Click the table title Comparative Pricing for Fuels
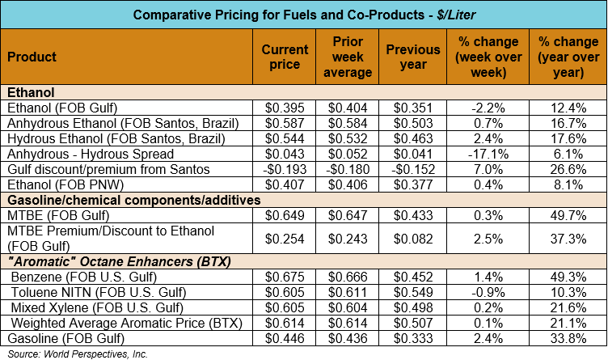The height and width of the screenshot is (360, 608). pos(303,15)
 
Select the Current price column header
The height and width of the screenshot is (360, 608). pos(285,57)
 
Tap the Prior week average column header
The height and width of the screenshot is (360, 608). pos(352,57)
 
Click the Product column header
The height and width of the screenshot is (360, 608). pos(32,57)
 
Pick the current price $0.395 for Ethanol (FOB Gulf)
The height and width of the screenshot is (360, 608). pos(285,108)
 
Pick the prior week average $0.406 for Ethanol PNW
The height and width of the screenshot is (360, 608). pos(352,184)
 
